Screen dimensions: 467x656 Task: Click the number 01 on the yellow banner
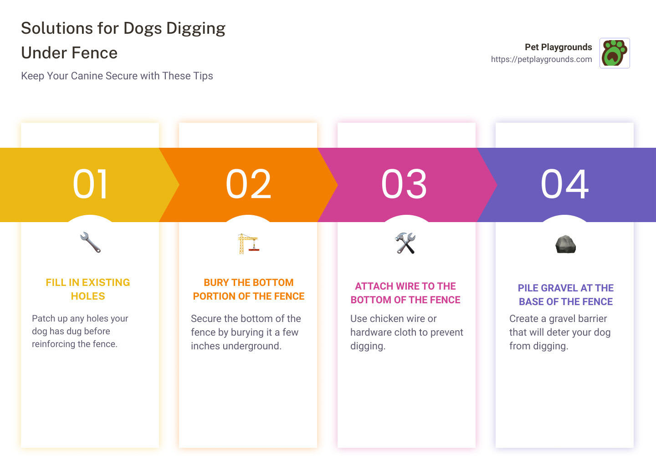coord(90,184)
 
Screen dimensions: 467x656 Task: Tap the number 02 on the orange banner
coord(248,184)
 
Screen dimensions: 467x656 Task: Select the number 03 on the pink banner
coord(404,184)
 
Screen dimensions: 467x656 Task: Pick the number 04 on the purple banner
coord(564,184)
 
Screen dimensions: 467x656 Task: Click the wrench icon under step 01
coord(90,243)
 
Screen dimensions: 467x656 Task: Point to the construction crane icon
coord(248,244)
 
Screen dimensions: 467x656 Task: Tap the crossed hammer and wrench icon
coord(405,243)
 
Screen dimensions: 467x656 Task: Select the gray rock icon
coord(566,244)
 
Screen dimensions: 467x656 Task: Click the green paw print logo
coord(614,53)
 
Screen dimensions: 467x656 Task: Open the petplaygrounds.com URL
coord(541,59)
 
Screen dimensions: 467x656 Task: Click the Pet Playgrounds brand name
coord(558,47)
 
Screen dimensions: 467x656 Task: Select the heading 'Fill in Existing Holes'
coord(88,289)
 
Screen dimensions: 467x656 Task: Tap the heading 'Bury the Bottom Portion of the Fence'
coord(249,289)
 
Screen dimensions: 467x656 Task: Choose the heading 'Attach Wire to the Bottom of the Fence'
coord(405,293)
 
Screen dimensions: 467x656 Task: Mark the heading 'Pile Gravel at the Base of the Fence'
coord(566,295)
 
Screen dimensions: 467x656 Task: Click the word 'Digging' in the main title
coord(195,28)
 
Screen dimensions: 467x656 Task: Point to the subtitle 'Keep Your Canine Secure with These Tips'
coord(117,76)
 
